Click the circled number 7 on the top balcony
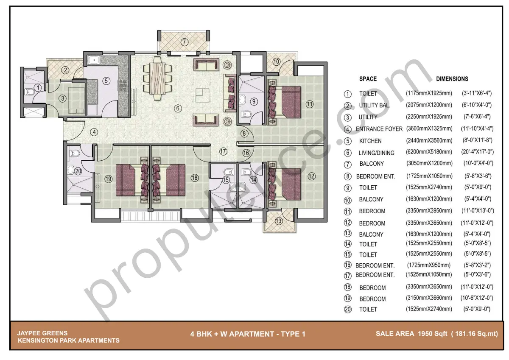[184, 42]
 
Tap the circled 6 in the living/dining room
[178, 108]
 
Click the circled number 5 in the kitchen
[106, 80]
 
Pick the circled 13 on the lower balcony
[278, 220]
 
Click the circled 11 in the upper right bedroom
[309, 103]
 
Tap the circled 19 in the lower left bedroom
[108, 179]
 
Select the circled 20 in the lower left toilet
[78, 171]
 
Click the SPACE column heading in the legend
[368, 79]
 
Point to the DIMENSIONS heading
[452, 79]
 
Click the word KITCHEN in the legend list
[370, 141]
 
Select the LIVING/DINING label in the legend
[376, 153]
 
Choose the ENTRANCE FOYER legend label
[379, 129]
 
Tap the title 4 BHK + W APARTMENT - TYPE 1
[248, 334]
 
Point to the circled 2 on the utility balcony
[65, 70]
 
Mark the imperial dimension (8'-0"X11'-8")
[478, 140]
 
